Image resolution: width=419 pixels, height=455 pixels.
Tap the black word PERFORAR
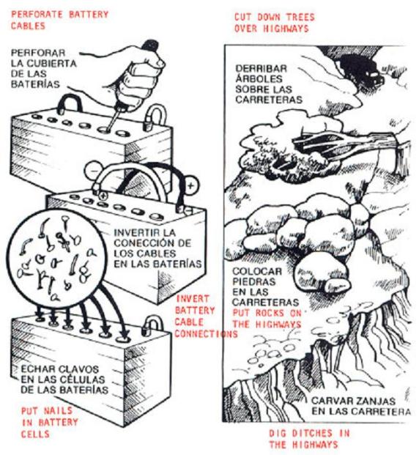(38, 53)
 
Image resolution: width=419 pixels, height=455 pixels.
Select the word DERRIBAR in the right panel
(261, 69)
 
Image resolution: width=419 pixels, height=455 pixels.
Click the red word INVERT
(193, 299)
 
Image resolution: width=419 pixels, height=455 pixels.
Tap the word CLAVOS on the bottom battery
(78, 369)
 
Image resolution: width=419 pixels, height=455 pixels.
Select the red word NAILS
(58, 410)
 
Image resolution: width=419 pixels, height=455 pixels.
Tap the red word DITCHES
(312, 433)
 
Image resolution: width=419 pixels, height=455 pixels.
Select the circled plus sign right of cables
(190, 185)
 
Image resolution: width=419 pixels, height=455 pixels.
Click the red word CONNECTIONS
(207, 333)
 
